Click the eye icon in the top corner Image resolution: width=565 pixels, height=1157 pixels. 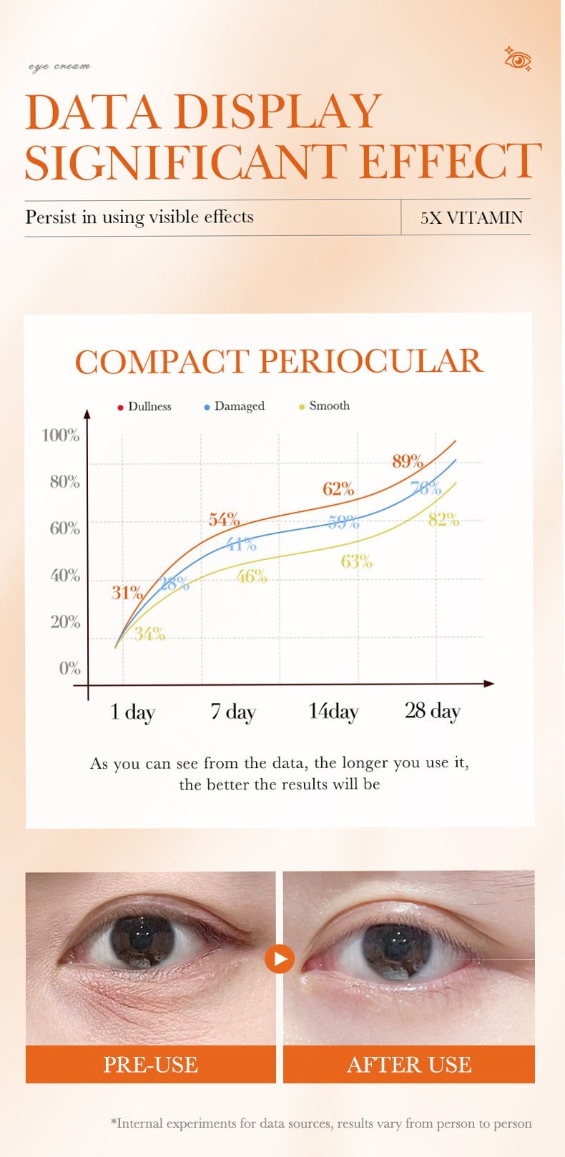pos(518,60)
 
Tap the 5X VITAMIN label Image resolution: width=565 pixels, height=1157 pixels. pos(471,217)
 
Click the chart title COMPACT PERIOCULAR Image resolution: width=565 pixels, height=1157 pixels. pos(279,362)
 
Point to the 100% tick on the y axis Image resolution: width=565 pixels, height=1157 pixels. pos(61,435)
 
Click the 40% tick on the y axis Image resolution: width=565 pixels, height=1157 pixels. pos(65,575)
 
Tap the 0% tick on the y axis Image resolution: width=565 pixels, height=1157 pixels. pos(69,668)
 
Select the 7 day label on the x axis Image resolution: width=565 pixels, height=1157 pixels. pos(232,712)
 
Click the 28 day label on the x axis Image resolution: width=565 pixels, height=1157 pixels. pos(432,711)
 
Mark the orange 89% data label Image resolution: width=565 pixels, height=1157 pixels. pos(408,461)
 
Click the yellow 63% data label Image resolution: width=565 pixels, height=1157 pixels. pos(356,561)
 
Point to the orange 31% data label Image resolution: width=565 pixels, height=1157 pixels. pos(127,592)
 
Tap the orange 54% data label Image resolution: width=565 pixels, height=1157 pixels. pos(224,520)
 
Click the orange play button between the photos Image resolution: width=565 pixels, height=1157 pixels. pos(280,958)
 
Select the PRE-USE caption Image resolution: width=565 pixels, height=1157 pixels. pos(150,1064)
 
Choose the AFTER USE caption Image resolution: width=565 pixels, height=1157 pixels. pos(409,1064)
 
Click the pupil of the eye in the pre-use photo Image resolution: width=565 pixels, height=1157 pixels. pos(142,938)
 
